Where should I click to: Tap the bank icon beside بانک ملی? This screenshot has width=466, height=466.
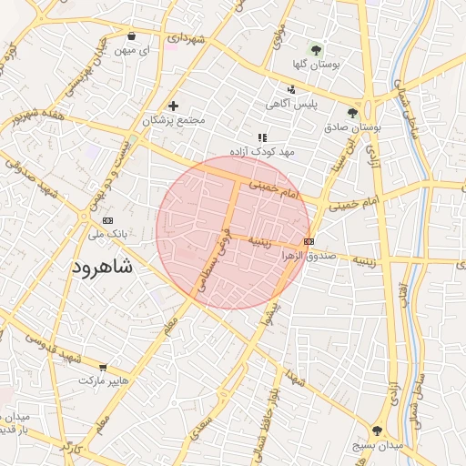[108, 220]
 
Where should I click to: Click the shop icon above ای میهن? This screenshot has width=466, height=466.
[132, 36]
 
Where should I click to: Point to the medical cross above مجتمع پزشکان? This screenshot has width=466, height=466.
[173, 106]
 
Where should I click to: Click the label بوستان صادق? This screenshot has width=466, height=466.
[352, 128]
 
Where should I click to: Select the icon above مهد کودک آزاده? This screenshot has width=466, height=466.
[261, 136]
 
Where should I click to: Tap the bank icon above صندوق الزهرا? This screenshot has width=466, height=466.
[309, 241]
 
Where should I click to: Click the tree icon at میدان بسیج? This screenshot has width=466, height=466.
[376, 431]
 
